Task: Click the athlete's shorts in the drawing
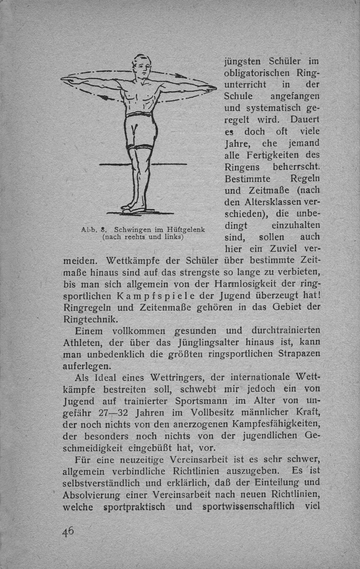[x=140, y=132]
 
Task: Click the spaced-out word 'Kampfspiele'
[x=152, y=296]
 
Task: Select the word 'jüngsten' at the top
[x=242, y=62]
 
